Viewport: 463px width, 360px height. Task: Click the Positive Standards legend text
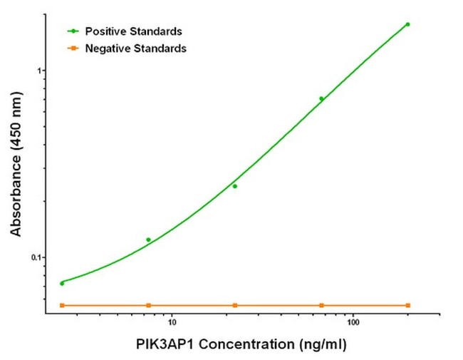point(133,31)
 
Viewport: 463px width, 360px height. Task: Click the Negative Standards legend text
point(135,48)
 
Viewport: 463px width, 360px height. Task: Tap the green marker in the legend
point(73,31)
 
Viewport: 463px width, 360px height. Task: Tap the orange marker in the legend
point(73,48)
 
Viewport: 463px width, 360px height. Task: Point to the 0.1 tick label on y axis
point(37,257)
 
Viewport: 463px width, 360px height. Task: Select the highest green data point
point(407,24)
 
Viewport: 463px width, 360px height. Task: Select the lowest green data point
point(62,283)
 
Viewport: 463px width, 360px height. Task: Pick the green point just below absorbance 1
point(321,98)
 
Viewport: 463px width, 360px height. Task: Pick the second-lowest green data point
point(148,240)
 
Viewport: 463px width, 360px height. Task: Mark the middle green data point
point(234,186)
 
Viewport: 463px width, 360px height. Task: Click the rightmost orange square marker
point(407,305)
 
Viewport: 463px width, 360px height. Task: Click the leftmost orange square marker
point(62,305)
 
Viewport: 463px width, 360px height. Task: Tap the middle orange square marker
point(234,305)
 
